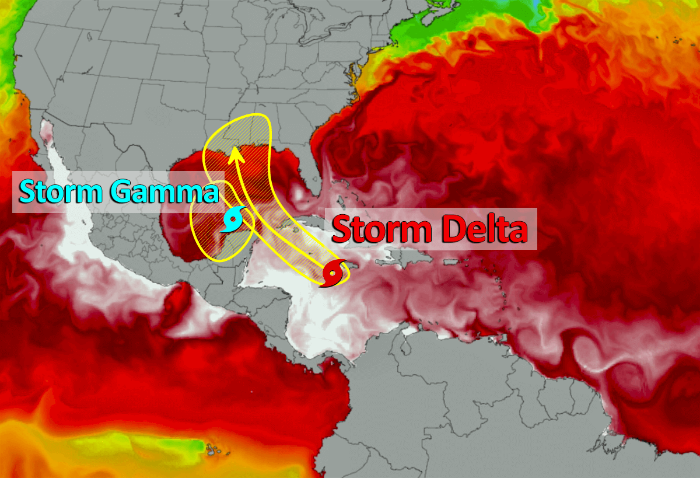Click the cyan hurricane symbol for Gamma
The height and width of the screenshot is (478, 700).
tap(234, 220)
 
